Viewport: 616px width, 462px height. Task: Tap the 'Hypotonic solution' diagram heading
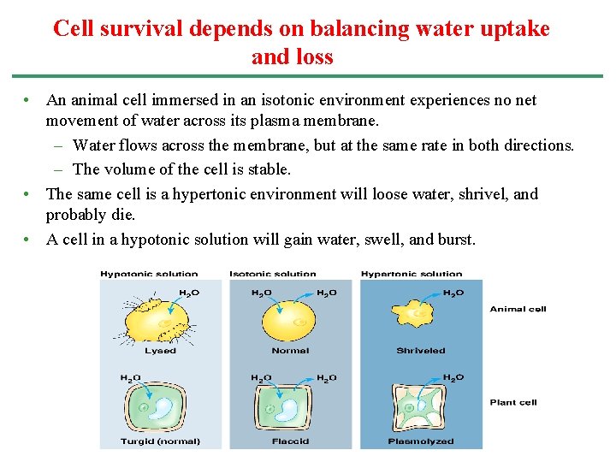tap(149, 274)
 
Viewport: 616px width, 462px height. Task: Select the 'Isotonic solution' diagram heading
tap(272, 274)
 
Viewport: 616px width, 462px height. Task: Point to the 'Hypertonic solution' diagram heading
tap(412, 274)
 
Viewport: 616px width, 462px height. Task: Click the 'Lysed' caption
tap(160, 351)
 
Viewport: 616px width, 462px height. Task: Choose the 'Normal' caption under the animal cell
tap(290, 351)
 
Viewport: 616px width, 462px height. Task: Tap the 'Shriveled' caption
tap(421, 351)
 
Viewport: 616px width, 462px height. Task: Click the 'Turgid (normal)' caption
tap(160, 441)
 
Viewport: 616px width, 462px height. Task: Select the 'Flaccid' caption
tap(290, 441)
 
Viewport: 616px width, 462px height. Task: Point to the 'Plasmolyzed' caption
tap(421, 441)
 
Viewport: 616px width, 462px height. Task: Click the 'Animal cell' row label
tap(518, 309)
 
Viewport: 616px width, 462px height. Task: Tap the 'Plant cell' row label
tap(513, 402)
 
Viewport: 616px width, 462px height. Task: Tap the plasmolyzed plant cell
tap(419, 409)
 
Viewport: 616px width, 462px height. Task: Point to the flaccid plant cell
tap(289, 408)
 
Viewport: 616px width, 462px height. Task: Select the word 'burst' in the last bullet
tap(455, 240)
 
